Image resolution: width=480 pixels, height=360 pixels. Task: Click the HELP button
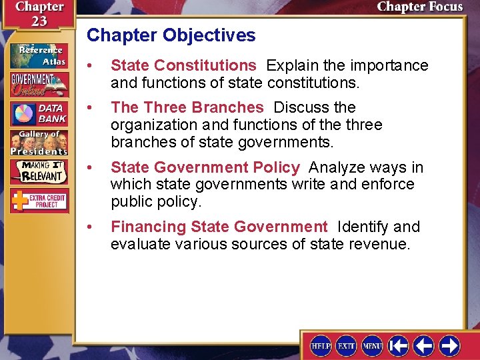pos(321,345)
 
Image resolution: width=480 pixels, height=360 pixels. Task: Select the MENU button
pos(372,345)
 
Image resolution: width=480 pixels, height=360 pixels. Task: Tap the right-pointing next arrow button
pos(449,345)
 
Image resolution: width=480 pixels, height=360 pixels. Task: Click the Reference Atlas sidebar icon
pos(39,55)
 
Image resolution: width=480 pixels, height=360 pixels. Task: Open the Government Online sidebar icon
pos(39,85)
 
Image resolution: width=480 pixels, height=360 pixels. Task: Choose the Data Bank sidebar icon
pos(39,113)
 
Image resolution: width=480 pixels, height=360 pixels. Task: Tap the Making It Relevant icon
pos(39,173)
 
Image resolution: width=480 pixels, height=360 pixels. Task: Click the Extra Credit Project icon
pos(39,201)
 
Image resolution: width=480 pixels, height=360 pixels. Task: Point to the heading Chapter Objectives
pos(171,35)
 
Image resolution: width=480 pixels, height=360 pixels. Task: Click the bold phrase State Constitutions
pos(183,65)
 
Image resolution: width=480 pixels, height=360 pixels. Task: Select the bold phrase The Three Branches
pos(187,107)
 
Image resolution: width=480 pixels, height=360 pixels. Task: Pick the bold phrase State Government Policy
pos(205,167)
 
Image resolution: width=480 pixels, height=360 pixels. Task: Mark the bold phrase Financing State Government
pos(219,227)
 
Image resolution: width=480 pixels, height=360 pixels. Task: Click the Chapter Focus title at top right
pos(419,7)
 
